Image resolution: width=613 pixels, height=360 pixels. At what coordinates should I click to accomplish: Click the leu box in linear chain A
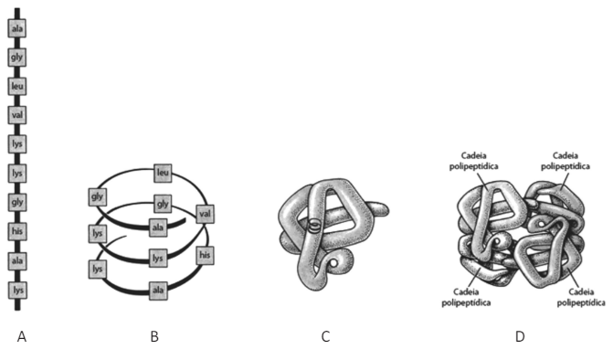17,86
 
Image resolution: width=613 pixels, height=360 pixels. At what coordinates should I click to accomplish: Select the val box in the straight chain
17,115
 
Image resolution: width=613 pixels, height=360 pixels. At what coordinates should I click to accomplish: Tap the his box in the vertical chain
17,231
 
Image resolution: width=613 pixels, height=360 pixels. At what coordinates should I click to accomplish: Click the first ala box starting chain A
17,28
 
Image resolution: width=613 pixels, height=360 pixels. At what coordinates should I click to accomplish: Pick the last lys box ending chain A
17,290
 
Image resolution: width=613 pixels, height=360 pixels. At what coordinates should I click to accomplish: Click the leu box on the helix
163,174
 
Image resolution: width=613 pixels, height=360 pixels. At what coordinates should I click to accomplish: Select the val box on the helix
205,214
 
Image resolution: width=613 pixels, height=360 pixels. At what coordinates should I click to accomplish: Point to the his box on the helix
205,255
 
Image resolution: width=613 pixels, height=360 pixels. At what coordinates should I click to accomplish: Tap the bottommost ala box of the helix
158,291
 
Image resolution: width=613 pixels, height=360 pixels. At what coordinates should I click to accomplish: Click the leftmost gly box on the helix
98,196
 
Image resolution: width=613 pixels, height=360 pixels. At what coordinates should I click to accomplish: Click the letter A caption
22,336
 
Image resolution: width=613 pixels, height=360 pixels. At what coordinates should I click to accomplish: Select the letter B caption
154,336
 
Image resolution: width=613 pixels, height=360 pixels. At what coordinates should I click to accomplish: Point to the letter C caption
325,336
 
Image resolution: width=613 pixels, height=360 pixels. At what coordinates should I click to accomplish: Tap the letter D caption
520,336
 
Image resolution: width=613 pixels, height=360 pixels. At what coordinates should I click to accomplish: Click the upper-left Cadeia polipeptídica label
474,161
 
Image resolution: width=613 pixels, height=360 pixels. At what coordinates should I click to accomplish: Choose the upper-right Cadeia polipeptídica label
565,161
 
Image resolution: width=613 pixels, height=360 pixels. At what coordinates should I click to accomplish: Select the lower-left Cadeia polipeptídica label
466,298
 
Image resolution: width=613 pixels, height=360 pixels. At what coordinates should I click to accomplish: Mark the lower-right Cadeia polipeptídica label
581,298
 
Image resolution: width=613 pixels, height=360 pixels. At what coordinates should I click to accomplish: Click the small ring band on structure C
313,226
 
